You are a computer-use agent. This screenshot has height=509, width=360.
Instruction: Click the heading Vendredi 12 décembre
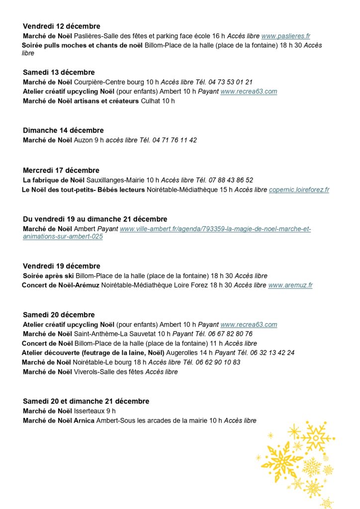point(61,26)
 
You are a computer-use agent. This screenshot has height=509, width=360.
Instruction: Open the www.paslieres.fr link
point(285,36)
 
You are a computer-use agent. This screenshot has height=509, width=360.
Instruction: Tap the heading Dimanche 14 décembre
point(63,130)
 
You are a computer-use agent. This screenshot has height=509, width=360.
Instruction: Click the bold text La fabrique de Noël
point(54,180)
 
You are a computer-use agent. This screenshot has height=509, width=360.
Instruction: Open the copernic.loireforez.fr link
point(299,190)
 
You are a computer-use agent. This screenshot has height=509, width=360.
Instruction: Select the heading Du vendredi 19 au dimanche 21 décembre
point(95,219)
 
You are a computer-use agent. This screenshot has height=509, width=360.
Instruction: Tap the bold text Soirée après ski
point(48,276)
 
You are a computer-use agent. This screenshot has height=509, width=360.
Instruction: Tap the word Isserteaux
point(89,411)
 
